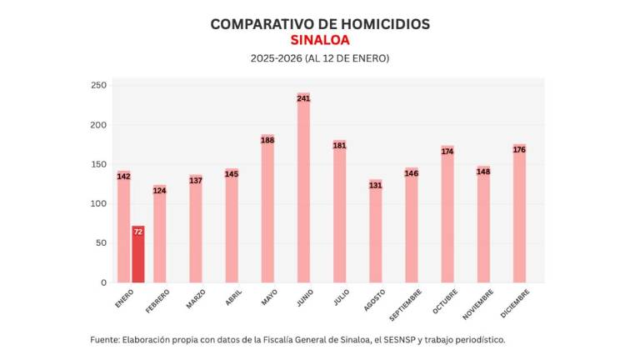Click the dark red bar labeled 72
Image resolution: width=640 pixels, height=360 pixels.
(138, 254)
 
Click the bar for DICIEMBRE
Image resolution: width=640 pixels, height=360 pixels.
(519, 217)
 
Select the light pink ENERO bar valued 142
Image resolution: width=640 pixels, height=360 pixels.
(123, 229)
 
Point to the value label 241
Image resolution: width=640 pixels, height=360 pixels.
(303, 98)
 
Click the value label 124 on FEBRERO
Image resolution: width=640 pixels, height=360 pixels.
(159, 191)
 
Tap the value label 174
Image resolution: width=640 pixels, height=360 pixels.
(447, 152)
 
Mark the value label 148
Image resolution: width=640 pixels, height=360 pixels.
(483, 172)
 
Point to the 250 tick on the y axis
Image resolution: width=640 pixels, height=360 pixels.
(98, 86)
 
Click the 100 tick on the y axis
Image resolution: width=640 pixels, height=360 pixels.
(98, 204)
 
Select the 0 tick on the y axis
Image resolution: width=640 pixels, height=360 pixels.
(103, 282)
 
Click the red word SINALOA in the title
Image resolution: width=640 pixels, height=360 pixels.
(320, 40)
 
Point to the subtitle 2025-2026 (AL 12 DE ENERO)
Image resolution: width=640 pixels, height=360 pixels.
(320, 58)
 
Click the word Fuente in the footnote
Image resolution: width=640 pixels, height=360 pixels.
(104, 340)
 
